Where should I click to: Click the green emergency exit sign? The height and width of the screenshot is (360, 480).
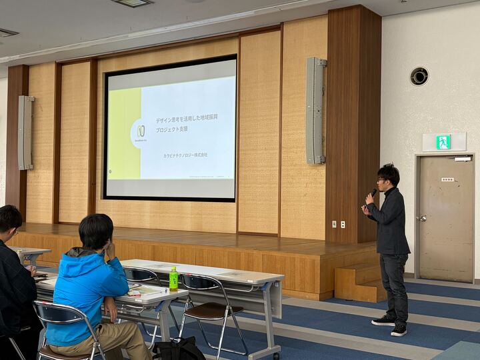tap(443, 142)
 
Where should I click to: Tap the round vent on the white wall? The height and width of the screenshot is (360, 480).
tap(419, 76)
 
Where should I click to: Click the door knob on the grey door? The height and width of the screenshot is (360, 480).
tap(421, 218)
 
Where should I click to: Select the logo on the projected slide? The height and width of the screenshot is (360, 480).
tap(141, 132)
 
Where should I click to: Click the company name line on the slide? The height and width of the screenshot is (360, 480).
tap(185, 155)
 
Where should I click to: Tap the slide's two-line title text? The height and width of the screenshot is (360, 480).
tap(186, 123)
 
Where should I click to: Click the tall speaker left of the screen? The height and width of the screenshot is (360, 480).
tap(25, 133)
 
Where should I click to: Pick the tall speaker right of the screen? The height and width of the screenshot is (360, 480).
tap(315, 111)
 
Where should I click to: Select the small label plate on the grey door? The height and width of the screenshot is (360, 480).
tap(447, 179)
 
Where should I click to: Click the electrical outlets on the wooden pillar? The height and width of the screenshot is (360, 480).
tap(338, 224)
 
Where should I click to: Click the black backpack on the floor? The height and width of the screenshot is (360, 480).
tap(179, 349)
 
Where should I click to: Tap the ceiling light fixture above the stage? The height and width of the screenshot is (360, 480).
tap(133, 3)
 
